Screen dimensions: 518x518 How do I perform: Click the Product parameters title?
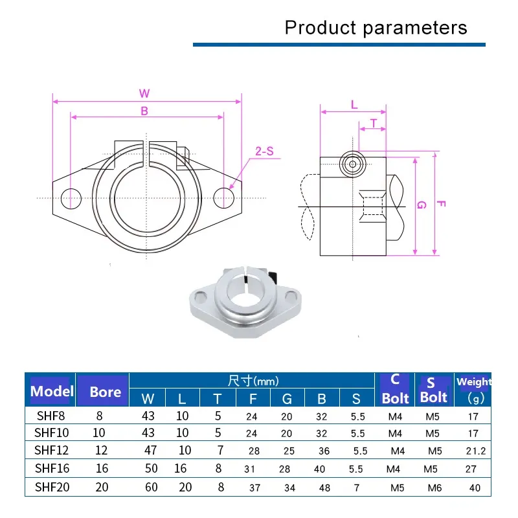[x=376, y=28]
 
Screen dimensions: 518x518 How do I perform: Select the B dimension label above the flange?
[x=144, y=111]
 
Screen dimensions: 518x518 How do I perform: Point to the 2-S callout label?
[x=264, y=152]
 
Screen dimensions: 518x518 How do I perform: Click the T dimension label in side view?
[x=373, y=122]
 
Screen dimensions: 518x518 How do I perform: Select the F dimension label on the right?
[x=441, y=204]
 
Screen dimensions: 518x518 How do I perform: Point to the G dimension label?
[x=421, y=205]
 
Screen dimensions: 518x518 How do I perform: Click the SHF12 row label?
[x=50, y=450]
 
